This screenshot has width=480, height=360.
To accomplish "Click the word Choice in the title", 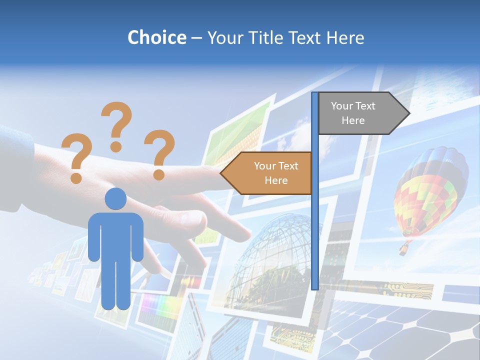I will coord(156,37).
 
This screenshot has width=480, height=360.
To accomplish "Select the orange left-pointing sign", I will coord(270,173).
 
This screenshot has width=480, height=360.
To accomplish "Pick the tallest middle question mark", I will coord(117,122).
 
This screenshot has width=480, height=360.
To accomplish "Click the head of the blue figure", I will coord(115,199).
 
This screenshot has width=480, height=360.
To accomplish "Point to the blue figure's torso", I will coord(115,235).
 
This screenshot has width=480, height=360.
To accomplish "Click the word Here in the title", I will coord(344,38).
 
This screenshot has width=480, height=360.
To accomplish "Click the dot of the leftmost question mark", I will coord(76,177).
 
